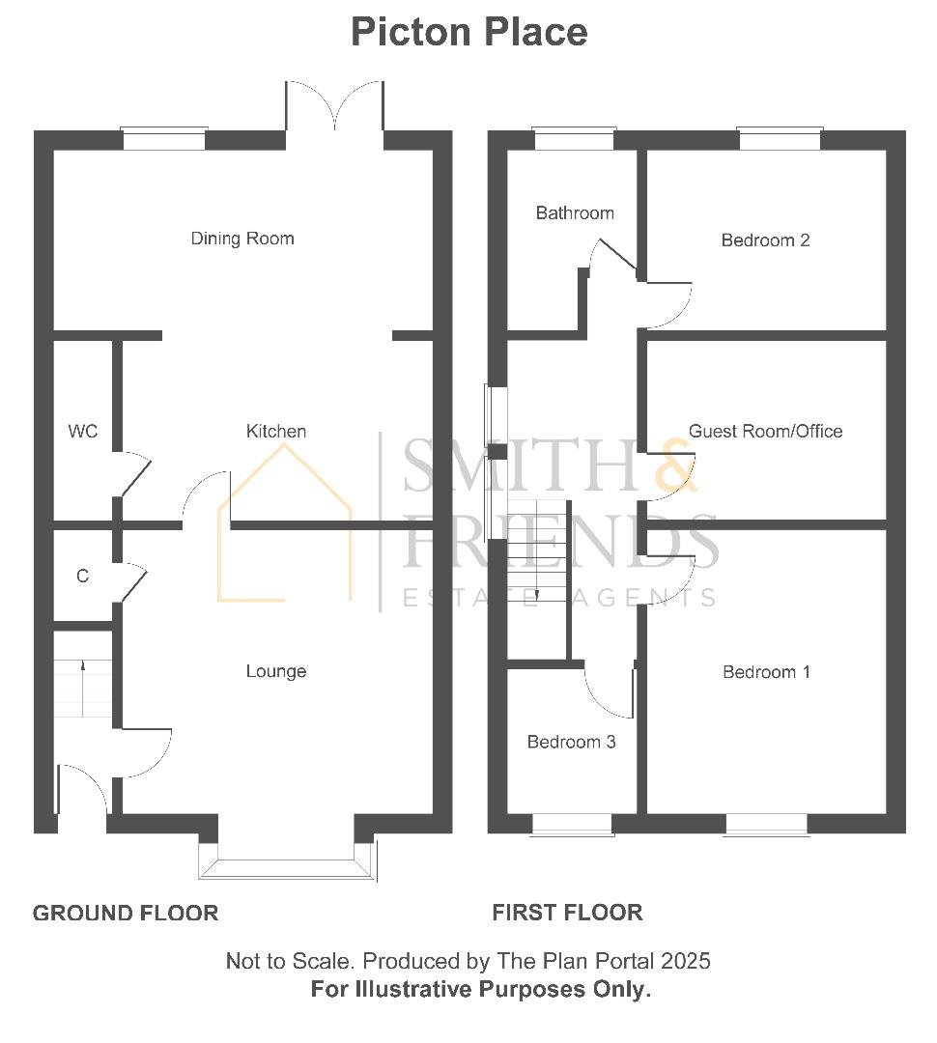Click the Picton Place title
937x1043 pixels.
tap(469, 32)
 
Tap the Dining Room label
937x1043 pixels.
tap(242, 239)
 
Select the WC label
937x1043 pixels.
tap(82, 432)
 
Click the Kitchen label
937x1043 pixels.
tap(276, 431)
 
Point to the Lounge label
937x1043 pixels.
tap(276, 671)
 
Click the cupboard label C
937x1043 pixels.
tap(82, 576)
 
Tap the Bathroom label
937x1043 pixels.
tap(575, 212)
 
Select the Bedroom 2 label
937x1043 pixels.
tap(765, 240)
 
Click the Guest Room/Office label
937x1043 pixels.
tap(765, 431)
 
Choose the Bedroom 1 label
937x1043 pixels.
tap(767, 672)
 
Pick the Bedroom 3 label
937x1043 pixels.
tap(572, 742)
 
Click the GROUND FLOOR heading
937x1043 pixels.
tap(126, 914)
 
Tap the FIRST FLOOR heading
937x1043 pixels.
tap(568, 913)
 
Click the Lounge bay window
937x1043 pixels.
tap(288, 860)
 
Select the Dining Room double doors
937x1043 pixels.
tap(335, 106)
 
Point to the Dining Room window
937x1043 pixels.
tap(164, 139)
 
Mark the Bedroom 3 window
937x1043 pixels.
tap(572, 824)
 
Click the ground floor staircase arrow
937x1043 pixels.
tap(83, 690)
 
